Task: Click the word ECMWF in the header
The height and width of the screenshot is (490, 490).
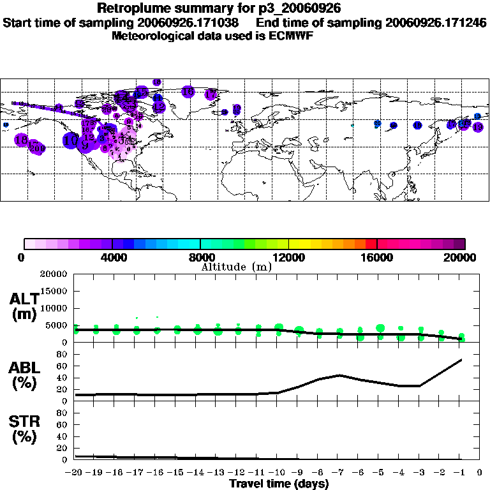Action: point(291,36)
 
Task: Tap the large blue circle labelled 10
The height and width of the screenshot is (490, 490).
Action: point(71,140)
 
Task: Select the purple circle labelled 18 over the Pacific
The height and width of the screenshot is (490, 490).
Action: point(21,140)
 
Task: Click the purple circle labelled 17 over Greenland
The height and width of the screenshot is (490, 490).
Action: point(211,95)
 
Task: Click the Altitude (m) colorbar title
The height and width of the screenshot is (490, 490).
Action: point(237,267)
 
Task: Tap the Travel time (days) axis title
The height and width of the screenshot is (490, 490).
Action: point(279,484)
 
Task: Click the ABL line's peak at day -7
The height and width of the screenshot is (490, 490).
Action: point(340,375)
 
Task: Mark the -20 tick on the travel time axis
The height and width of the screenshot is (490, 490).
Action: point(75,473)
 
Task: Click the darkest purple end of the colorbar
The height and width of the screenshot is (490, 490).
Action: point(460,244)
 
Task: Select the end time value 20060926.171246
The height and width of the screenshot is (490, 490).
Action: point(436,22)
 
